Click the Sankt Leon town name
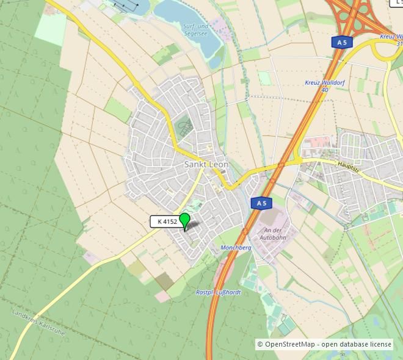(206, 165)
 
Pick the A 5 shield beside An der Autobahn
(261, 203)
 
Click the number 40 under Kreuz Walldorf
(324, 90)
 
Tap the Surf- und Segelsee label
(196, 30)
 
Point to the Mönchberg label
(236, 248)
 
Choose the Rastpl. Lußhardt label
(218, 292)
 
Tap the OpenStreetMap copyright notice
(324, 344)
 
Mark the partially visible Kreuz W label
(391, 37)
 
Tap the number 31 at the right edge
(399, 44)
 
